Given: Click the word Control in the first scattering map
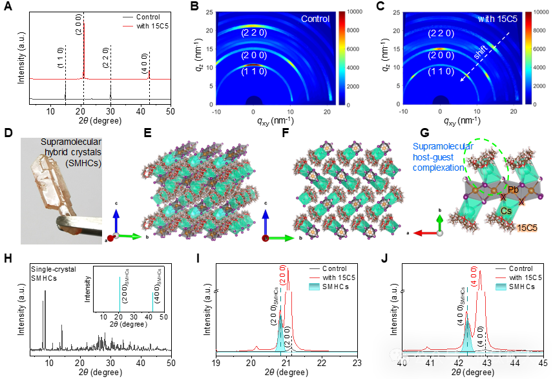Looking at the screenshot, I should pos(315,19).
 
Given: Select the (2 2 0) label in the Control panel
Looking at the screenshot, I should pos(253,32).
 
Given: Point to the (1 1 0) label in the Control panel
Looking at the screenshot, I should pos(253,72).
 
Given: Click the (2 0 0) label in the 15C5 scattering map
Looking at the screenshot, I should pos(441,56).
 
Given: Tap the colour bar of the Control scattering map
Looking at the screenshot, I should pos(342,58).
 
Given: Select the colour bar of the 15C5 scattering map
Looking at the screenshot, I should pos(528,58).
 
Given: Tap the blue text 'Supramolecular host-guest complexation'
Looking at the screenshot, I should pos(443,157).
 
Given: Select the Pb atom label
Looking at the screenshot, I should pos(513,190).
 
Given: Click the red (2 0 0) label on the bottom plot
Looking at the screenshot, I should pos(283,276).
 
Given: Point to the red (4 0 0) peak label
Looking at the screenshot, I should pos(474,276).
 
